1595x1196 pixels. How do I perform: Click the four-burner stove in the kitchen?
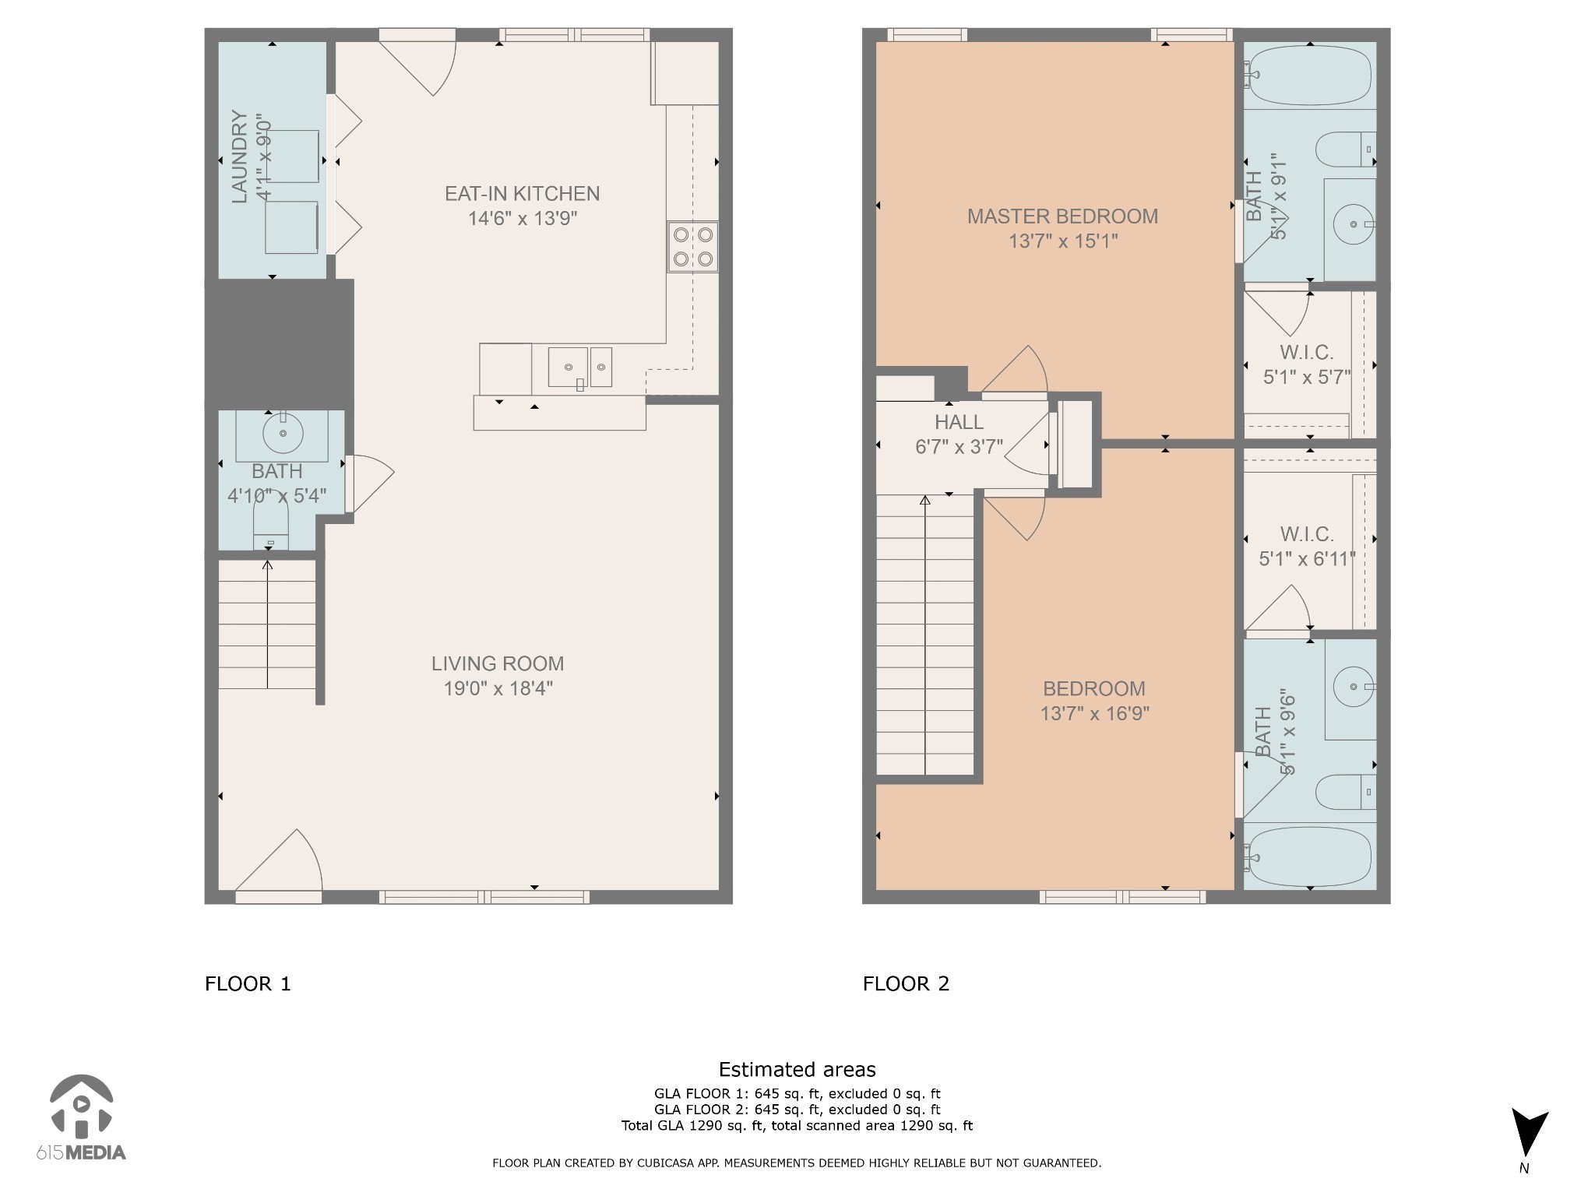[x=692, y=247]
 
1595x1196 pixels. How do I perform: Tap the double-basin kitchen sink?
[x=580, y=368]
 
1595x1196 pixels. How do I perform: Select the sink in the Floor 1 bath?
[x=283, y=433]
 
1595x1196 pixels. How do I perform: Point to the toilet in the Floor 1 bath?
[x=271, y=520]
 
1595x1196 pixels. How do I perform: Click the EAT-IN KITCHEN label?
[x=522, y=193]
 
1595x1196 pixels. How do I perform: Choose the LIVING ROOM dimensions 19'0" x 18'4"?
[x=498, y=688]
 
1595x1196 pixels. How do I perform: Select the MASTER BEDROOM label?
[x=1062, y=216]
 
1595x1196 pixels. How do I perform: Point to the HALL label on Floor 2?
[x=959, y=422]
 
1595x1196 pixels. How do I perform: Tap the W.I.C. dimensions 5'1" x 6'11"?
[x=1307, y=559]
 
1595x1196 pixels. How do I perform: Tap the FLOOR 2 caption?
[x=906, y=983]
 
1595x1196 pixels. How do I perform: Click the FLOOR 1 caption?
[x=248, y=983]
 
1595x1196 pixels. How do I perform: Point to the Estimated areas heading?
[x=797, y=1070]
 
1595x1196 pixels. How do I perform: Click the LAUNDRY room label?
[x=240, y=157]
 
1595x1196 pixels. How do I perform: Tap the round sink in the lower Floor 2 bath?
[x=1354, y=687]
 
